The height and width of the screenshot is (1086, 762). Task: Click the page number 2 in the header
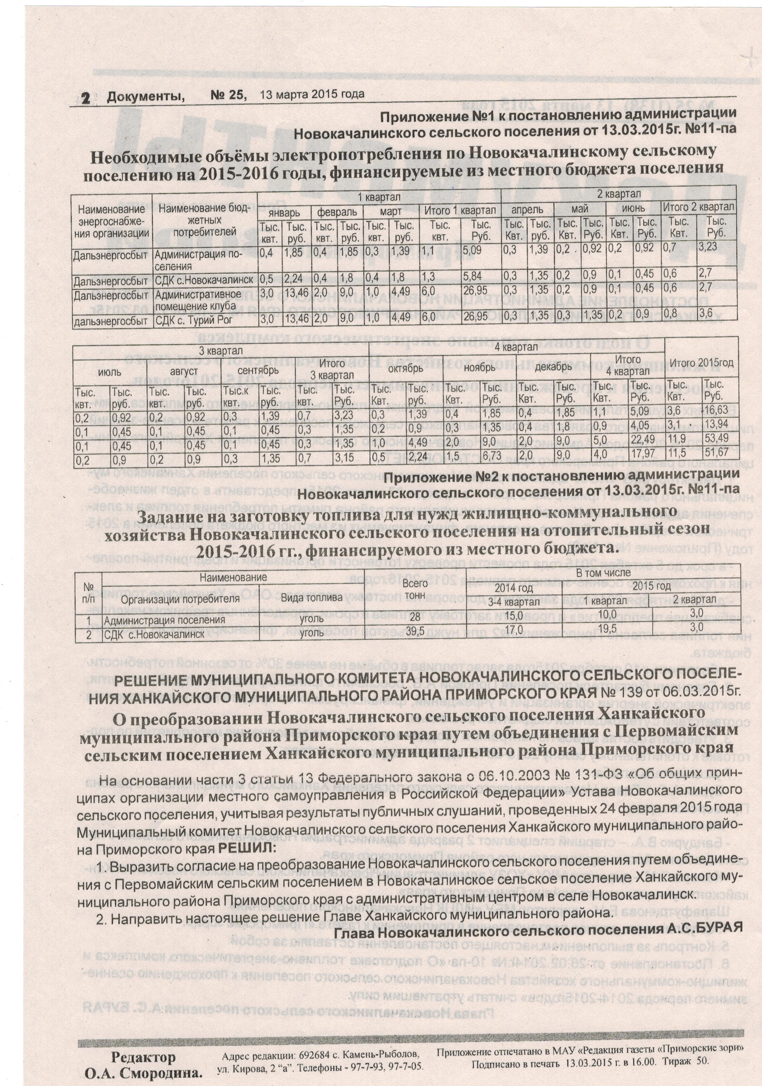coord(86,97)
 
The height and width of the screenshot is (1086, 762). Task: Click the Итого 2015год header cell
coord(701,363)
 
